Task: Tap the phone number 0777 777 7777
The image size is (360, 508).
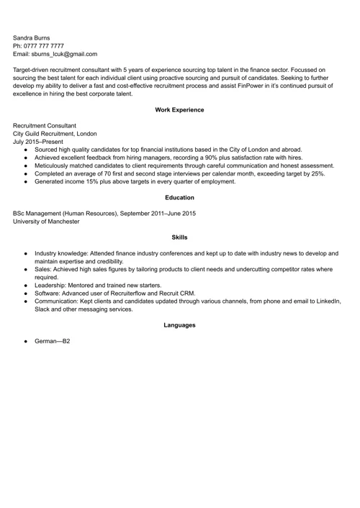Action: point(48,45)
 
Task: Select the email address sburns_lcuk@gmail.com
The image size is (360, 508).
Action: point(66,54)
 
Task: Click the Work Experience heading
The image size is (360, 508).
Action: point(179,110)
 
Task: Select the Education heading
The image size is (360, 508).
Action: point(179,198)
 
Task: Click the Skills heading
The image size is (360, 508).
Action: point(179,237)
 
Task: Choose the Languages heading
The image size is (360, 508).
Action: point(179,325)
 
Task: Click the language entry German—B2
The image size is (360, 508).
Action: point(53,341)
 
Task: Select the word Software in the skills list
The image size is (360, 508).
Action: point(48,294)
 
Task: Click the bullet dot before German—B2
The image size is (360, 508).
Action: point(26,341)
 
